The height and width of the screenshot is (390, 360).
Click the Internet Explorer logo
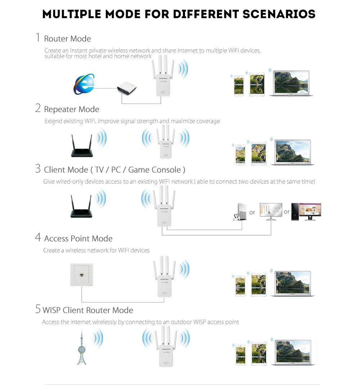pos(84,84)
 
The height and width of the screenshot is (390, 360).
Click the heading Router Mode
pos(67,39)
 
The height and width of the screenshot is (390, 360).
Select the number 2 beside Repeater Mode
pos(38,108)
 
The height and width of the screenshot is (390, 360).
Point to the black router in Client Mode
pos(81,207)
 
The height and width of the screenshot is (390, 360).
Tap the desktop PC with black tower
pos(306,211)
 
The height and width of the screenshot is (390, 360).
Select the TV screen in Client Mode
pos(271,211)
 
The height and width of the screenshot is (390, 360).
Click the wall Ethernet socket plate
pos(81,274)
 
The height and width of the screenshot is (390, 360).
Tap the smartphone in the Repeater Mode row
pos(240,155)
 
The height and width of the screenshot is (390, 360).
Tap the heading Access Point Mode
pos(78,238)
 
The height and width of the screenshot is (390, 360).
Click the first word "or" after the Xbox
pos(252,212)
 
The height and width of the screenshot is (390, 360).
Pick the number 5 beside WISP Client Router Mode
pos(38,309)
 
